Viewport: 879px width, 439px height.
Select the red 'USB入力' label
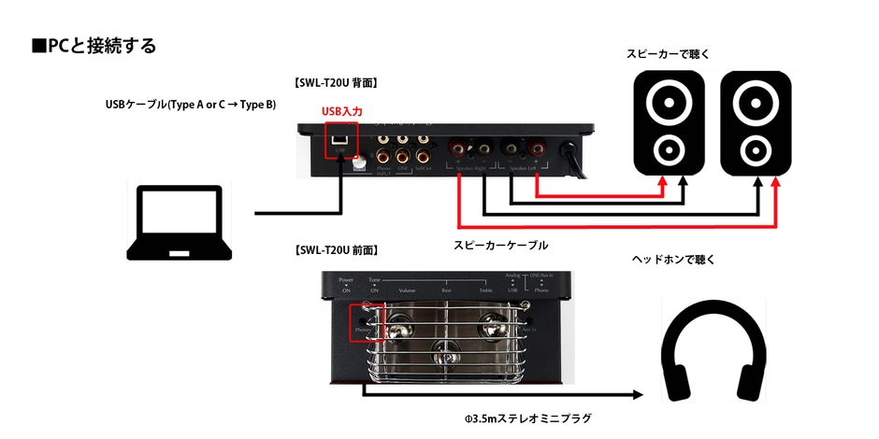click(x=341, y=112)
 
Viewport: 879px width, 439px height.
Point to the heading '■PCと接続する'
click(x=94, y=46)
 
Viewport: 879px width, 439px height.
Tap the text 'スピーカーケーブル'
click(x=500, y=245)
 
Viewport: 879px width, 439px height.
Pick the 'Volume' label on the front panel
click(x=407, y=290)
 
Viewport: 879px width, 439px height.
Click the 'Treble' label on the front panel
click(x=486, y=290)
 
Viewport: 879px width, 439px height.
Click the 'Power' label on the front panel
click(x=346, y=279)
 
